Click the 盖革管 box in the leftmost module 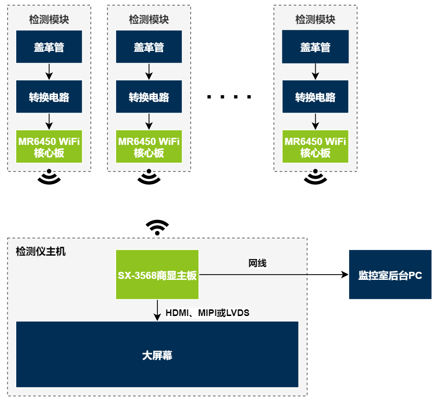[49, 47]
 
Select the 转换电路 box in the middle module [149, 97]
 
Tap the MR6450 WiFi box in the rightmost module [315, 147]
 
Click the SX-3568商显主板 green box [157, 275]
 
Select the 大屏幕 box [157, 354]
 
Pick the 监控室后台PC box [390, 275]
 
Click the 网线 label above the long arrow [257, 263]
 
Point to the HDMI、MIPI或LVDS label [207, 313]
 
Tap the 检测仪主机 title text [41, 251]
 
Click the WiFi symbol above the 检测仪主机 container [157, 228]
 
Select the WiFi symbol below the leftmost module [49, 177]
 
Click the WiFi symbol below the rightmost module [315, 177]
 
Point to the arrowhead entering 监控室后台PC [345, 275]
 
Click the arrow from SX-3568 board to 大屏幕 [157, 310]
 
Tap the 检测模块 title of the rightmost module [315, 19]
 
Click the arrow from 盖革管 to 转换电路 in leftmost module [49, 71]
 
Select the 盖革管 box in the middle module [149, 47]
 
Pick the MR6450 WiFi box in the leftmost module [49, 147]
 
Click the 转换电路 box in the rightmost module [315, 97]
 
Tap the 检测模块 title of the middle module [149, 19]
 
